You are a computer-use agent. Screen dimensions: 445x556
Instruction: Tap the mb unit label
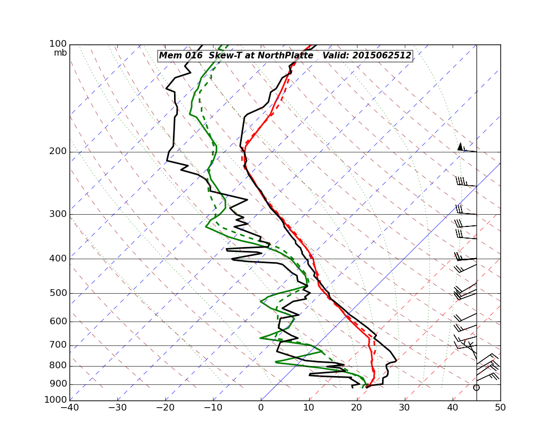tap(60, 53)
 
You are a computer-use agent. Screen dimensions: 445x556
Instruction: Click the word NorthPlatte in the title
tap(284, 56)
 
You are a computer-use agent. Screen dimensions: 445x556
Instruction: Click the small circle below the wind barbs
tap(476, 387)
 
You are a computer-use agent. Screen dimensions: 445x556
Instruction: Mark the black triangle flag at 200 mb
tap(460, 146)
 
